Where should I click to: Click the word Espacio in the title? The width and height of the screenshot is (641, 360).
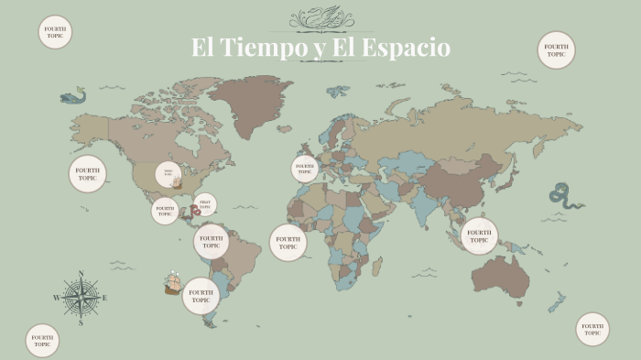click(x=407, y=48)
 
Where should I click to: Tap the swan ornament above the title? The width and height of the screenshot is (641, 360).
click(x=321, y=17)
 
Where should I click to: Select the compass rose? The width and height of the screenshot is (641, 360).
click(x=81, y=297)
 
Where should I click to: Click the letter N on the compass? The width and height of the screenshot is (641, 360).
click(x=81, y=274)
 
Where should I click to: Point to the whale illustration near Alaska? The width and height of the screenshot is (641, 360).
click(x=72, y=95)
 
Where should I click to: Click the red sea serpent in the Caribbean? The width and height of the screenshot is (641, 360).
click(x=196, y=211)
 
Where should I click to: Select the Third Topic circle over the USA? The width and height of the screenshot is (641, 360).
click(x=168, y=174)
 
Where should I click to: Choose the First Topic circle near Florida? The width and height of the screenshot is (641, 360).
click(x=205, y=203)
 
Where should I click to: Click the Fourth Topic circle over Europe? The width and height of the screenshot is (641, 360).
click(x=305, y=169)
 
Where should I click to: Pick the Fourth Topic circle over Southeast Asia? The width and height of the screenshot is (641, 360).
click(x=479, y=235)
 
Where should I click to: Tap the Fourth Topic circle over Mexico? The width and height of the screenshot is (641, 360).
click(x=165, y=211)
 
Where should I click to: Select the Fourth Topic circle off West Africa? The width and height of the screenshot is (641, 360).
click(x=288, y=243)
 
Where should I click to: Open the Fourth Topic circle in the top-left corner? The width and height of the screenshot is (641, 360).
click(x=55, y=32)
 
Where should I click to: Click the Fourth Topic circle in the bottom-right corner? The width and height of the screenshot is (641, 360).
click(x=592, y=329)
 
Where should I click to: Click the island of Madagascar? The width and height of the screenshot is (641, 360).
click(x=376, y=265)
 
